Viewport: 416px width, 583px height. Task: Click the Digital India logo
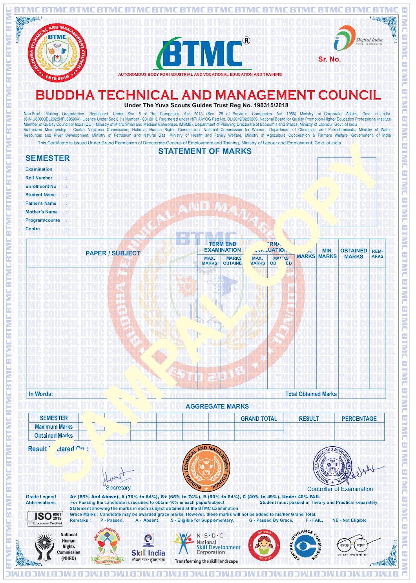[x=358, y=39]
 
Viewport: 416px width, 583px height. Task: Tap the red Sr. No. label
[x=329, y=59]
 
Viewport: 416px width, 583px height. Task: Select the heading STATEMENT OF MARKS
[x=205, y=151]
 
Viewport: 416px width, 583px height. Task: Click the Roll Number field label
[x=39, y=178]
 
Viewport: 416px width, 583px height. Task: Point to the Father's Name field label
[x=41, y=203]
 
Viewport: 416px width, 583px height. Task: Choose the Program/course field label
[x=43, y=220]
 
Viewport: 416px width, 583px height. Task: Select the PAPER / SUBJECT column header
[x=113, y=253]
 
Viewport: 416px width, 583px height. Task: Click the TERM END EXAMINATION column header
[x=223, y=247]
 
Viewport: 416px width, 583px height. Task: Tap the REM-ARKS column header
[x=377, y=254]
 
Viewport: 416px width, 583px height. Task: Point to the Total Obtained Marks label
[x=311, y=394]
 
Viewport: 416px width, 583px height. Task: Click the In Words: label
[x=40, y=394]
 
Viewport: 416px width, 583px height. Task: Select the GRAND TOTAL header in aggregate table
[x=259, y=419]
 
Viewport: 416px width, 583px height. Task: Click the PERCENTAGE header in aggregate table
[x=359, y=419]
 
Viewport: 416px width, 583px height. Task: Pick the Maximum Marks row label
[x=54, y=427]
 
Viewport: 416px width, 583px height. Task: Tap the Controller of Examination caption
[x=340, y=489]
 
